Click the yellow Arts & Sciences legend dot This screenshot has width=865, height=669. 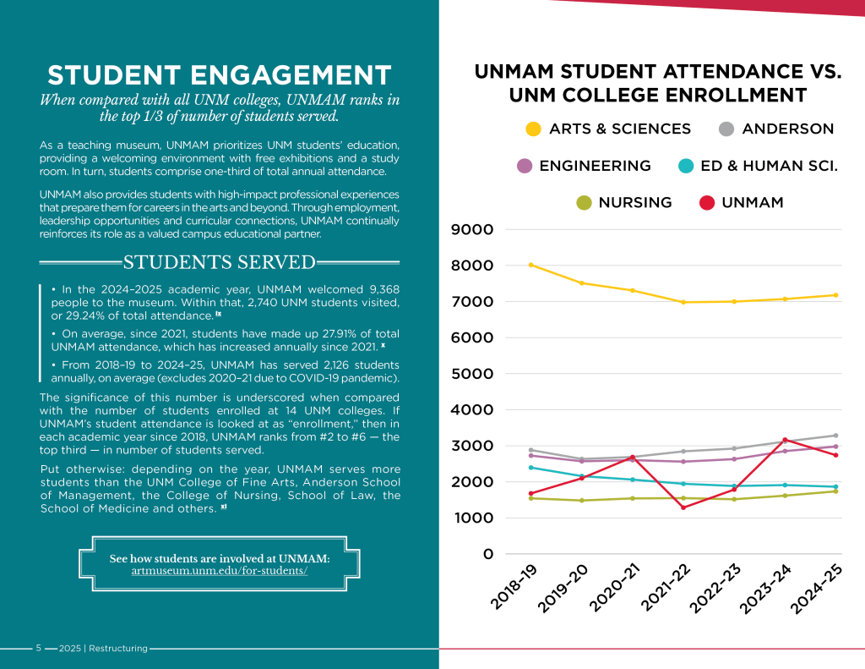(x=533, y=129)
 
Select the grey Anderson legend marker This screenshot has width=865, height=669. (x=725, y=129)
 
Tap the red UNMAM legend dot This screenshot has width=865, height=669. (x=707, y=203)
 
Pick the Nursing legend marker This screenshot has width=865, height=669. (x=584, y=203)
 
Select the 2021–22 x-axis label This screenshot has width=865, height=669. (x=664, y=588)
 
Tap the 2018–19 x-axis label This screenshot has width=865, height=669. (x=514, y=588)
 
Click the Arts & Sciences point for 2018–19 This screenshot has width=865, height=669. (x=530, y=265)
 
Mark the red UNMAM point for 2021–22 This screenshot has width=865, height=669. (x=683, y=507)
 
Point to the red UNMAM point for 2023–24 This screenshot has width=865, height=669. (x=785, y=440)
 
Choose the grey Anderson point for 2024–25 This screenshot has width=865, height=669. (x=835, y=436)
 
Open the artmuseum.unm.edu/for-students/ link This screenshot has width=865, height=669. (x=220, y=571)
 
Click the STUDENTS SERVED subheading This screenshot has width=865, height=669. (x=220, y=262)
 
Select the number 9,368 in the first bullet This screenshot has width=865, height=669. (x=378, y=289)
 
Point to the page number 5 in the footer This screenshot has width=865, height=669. (x=38, y=649)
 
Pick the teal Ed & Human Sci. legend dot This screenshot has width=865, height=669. (x=687, y=167)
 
